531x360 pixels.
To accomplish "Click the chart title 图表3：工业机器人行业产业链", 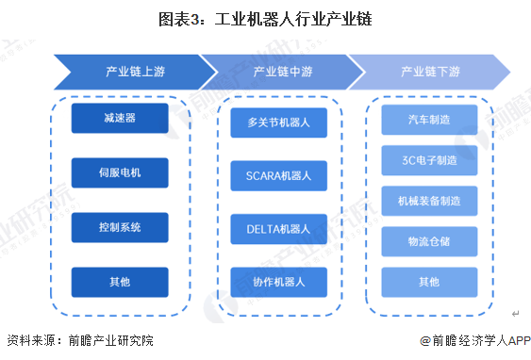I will coord(265,18).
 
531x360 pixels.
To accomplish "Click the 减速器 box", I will coord(119,118).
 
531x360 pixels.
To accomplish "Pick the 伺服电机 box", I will coord(119,172).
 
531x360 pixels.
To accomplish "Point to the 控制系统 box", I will coord(119,227).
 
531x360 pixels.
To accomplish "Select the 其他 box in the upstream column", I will coord(119,281).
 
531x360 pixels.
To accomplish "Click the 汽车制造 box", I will coord(429,120).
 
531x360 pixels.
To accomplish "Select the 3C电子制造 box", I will coord(429,160).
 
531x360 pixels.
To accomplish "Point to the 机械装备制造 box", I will coord(429,201).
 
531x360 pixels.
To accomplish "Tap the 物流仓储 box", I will coord(429,241).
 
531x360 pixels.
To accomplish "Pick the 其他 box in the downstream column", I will coord(429,282).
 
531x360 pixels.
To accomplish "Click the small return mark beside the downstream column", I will coord(515,313).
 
